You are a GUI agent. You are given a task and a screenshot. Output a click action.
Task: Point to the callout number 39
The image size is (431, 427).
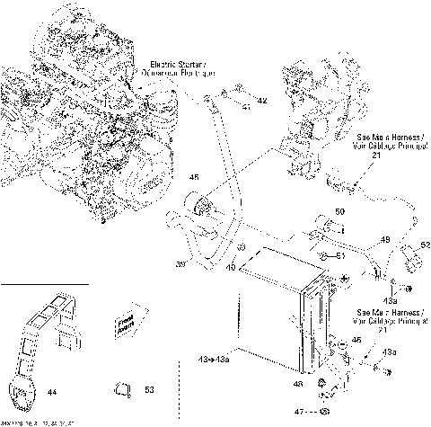(180, 264)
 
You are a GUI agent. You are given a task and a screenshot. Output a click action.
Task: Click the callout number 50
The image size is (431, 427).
(340, 212)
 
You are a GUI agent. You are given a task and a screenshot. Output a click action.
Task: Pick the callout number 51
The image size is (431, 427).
(341, 256)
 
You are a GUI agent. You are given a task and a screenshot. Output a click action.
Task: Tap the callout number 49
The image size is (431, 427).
(384, 240)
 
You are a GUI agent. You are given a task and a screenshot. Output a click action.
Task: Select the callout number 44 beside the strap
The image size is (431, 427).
(52, 391)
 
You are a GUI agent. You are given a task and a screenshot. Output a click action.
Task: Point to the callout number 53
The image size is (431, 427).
(149, 390)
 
